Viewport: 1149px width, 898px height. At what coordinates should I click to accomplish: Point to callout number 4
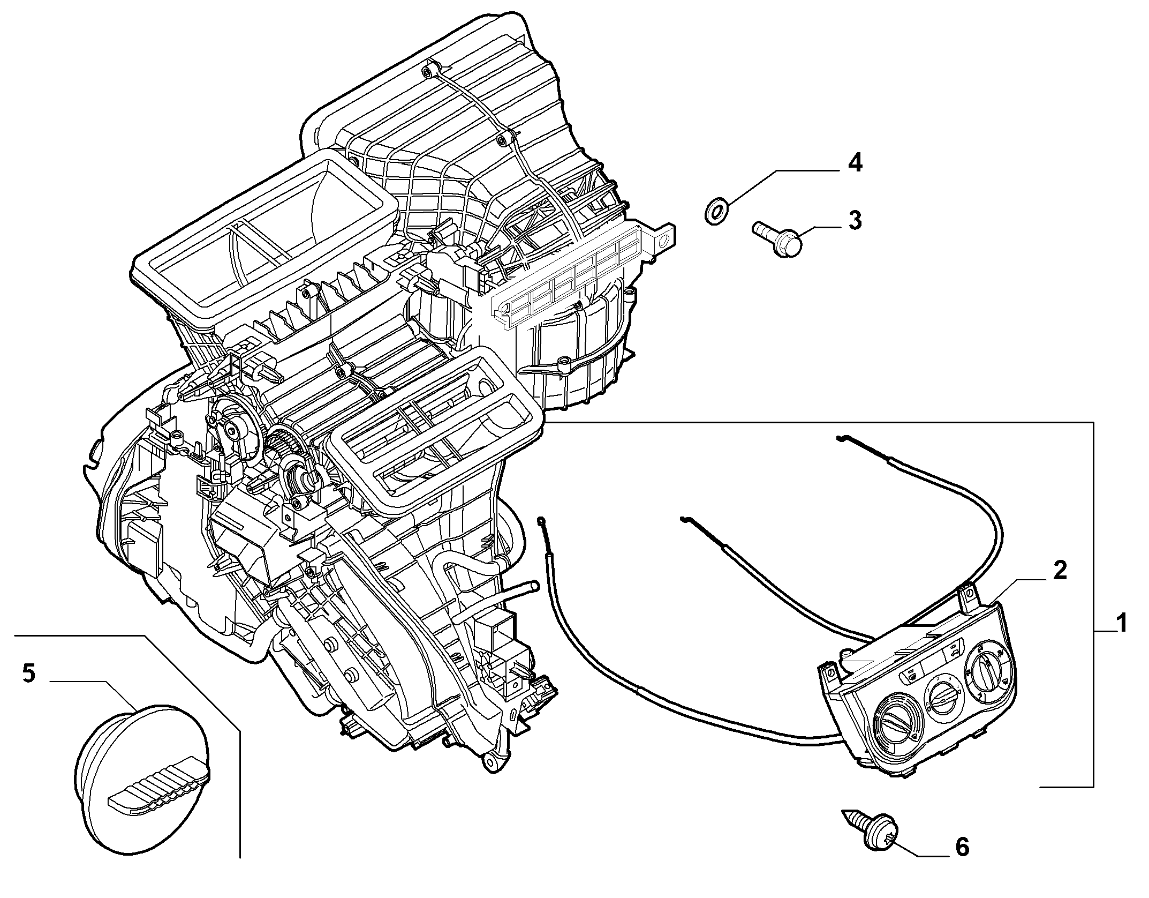pos(855,161)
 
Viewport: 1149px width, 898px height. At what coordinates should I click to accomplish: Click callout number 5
pos(29,672)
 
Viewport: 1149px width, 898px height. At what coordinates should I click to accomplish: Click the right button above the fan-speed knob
pos(956,652)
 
